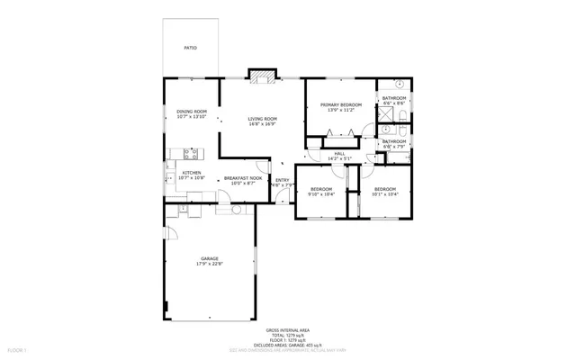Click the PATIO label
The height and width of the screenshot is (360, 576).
[190, 48]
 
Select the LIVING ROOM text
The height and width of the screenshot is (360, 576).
[262, 120]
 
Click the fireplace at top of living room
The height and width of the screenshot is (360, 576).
[262, 77]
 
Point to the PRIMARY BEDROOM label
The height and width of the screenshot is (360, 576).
[340, 105]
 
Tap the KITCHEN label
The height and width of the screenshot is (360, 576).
[192, 173]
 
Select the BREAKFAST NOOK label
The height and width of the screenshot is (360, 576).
[243, 178]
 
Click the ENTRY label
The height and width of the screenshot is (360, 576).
[283, 180]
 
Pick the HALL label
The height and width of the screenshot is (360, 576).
[339, 154]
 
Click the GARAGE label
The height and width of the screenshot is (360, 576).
[210, 258]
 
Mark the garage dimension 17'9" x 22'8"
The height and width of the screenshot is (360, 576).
[210, 264]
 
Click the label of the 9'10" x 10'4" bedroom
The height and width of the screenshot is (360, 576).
[321, 189]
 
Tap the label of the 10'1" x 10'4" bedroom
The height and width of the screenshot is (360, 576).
[385, 189]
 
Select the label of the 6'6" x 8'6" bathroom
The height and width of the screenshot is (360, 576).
[394, 98]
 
